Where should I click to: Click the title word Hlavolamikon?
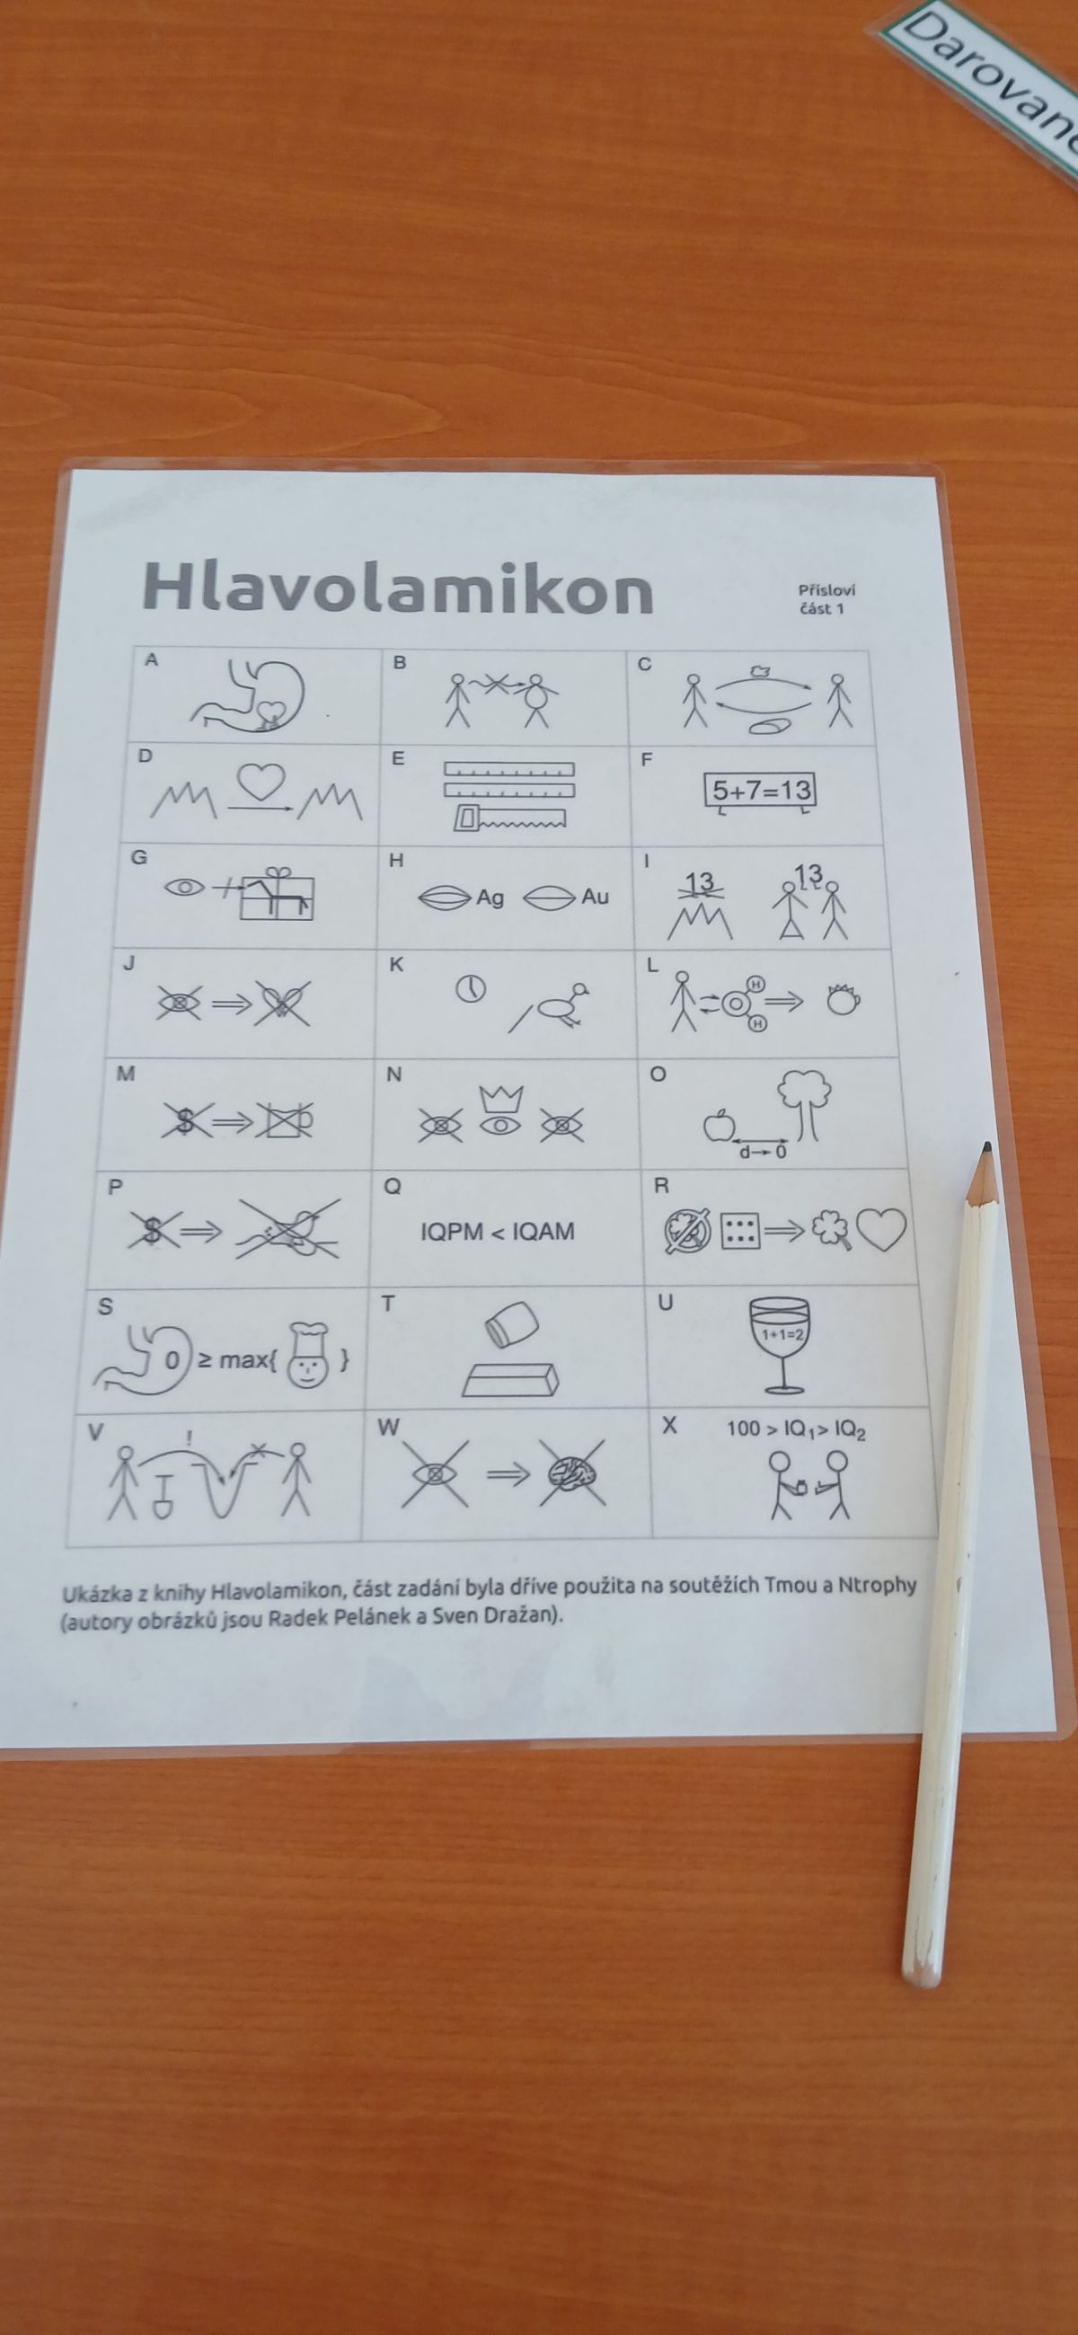coord(397,588)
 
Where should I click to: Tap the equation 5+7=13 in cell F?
coord(761,790)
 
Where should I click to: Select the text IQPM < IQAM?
coord(498,1231)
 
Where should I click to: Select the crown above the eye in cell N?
coord(497,1099)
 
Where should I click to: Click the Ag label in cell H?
coord(490,898)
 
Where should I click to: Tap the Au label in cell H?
coord(595,897)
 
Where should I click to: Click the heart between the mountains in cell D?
coord(261,778)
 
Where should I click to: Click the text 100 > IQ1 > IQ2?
coord(796,1429)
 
